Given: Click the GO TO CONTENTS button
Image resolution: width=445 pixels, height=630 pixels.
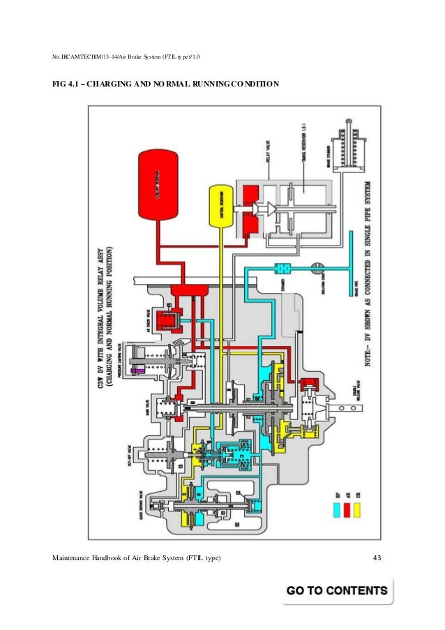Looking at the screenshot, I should coord(336,590).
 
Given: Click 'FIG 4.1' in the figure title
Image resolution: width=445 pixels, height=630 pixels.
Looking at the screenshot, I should coord(68,84).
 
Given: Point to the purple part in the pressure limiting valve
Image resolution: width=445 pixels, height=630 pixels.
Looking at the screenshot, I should coord(141,370).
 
